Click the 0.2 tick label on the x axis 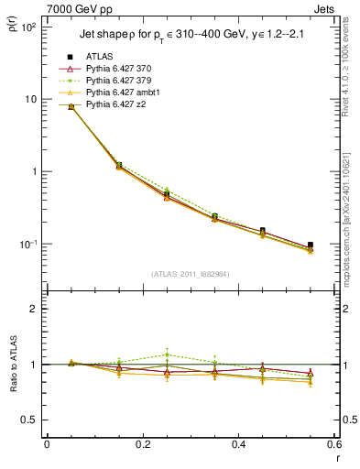(x=142, y=445)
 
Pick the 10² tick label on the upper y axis (x=27, y=27)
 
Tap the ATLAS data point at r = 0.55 (x=311, y=245)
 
